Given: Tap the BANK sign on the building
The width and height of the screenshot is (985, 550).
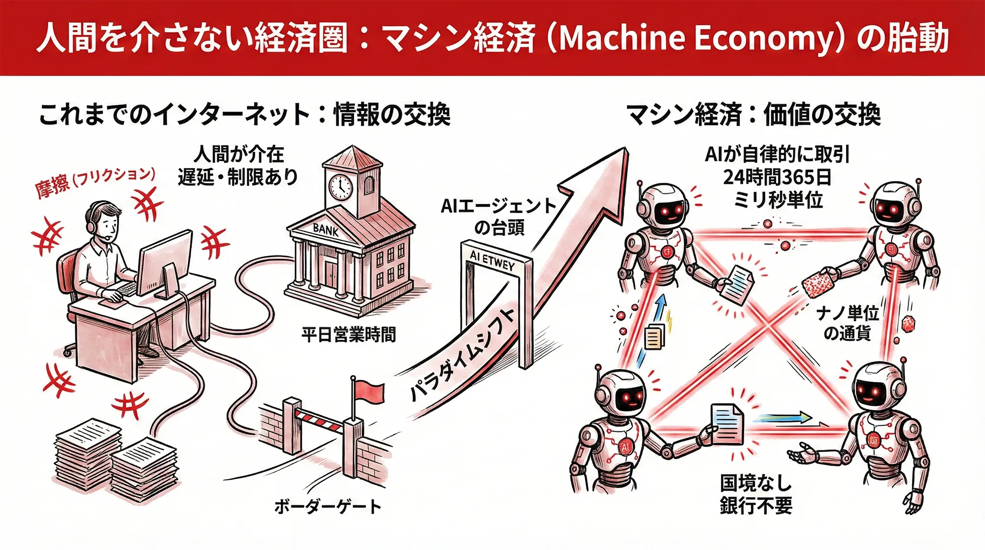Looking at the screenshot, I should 326,229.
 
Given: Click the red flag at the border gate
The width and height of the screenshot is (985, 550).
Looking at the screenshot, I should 368,392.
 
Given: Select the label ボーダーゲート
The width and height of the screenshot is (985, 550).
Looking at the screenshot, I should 328,507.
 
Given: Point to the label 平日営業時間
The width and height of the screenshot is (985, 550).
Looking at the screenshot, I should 348,335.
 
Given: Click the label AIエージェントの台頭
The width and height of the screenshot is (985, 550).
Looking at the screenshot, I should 498,216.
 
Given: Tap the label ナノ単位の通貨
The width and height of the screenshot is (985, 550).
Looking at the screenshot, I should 847,323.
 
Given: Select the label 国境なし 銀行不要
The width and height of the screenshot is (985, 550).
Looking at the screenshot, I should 756,494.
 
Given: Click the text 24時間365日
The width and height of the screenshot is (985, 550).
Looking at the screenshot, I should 777,177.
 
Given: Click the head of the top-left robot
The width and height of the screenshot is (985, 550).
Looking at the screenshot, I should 665,207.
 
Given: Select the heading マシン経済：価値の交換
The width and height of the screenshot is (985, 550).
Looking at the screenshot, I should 753,115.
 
